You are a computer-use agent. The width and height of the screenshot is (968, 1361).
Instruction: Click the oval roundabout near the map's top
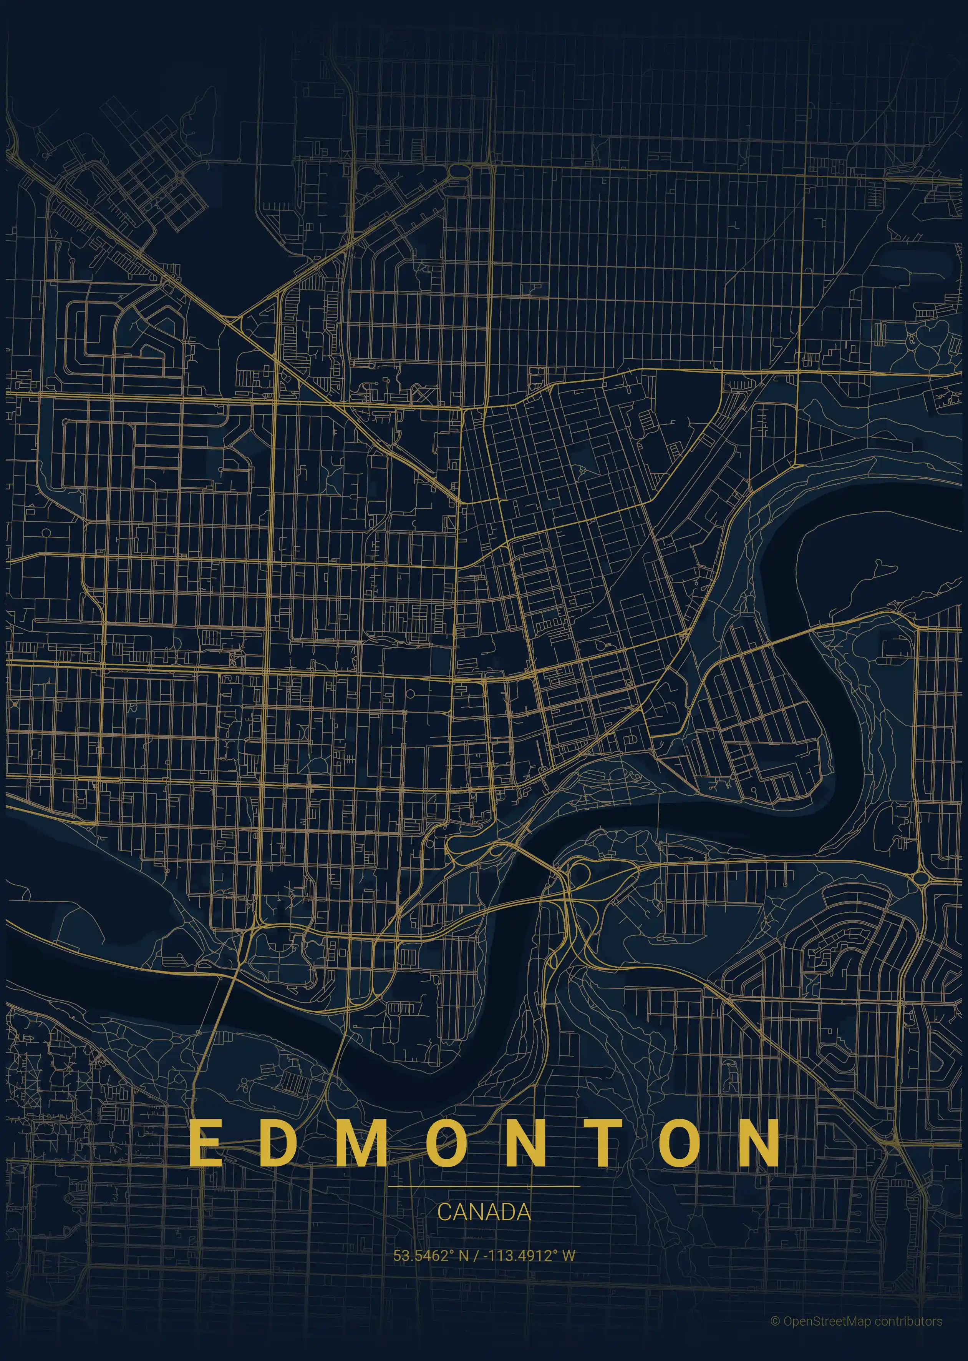coord(458,171)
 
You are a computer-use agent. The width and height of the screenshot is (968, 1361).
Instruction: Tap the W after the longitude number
coord(569,1255)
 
